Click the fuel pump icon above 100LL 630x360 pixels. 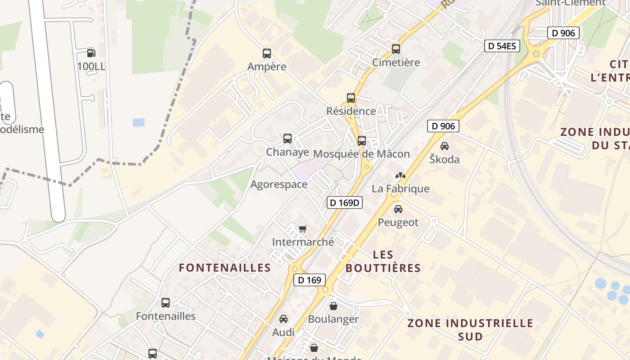(91, 53)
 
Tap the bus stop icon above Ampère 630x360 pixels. (267, 54)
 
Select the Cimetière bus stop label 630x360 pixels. (396, 63)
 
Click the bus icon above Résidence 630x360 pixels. (351, 98)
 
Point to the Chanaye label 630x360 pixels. (288, 152)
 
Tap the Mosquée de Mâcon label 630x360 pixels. (361, 154)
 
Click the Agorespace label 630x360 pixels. (279, 184)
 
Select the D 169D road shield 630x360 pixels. (345, 202)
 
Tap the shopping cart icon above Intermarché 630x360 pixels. (303, 229)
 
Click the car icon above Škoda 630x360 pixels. (445, 146)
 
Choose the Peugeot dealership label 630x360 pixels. (398, 222)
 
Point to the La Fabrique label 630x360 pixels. (400, 189)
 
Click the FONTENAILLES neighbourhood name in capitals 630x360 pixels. (225, 268)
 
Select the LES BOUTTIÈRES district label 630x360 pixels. (383, 261)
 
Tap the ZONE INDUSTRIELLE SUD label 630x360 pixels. (470, 329)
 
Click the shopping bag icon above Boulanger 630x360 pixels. (333, 306)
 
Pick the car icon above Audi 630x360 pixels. (283, 319)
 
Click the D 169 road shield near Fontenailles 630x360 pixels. (310, 280)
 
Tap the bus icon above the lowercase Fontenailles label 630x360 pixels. (166, 303)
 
